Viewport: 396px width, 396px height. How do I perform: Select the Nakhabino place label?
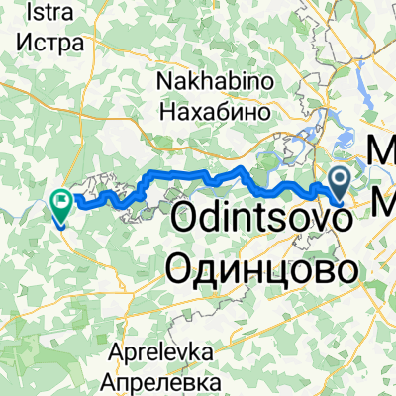click(207, 87)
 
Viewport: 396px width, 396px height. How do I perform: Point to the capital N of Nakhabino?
click(164, 87)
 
